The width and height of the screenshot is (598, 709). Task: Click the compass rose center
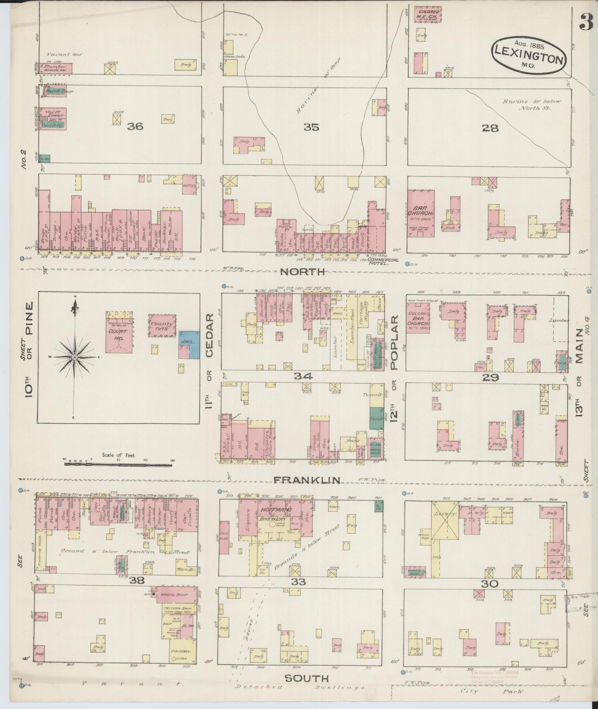pos(75,357)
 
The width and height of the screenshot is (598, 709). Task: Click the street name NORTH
pos(302,272)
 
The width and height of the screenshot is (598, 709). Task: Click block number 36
pos(135,127)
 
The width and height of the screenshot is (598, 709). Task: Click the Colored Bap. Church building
pos(418,318)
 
